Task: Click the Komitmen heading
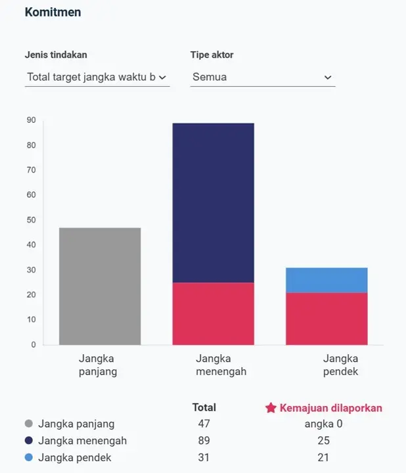coord(53,12)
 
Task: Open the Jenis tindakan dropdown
coord(97,77)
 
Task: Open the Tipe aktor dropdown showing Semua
coord(262,77)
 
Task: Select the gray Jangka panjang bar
coord(100,286)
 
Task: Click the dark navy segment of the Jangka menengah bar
coord(213,202)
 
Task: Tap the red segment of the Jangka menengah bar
coord(213,313)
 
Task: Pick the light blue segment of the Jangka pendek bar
coord(327,280)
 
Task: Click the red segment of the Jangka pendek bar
coord(327,319)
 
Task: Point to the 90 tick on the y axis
coord(31,120)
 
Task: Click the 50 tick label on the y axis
coord(31,220)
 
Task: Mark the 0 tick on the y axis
coord(33,344)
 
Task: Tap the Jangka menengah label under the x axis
coord(221,365)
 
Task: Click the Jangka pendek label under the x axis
coord(341,365)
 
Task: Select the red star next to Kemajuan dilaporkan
coord(271,408)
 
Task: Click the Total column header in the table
coord(204,407)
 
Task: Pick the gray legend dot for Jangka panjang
coord(29,424)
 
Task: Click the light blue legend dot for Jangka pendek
coord(29,458)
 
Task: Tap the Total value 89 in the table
coord(204,441)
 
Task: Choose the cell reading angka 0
coord(323,424)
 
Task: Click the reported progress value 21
coord(323,458)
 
